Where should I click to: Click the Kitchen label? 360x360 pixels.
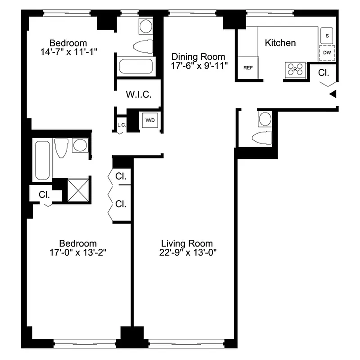tap(280, 43)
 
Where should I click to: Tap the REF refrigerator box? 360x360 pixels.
tap(247, 68)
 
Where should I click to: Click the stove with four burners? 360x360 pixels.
tap(295, 69)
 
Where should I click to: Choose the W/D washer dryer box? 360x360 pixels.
tap(149, 120)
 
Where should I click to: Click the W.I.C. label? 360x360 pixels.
tap(138, 95)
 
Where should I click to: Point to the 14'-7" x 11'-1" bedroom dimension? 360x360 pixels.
tap(68, 52)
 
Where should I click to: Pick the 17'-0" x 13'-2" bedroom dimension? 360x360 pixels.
tap(79, 252)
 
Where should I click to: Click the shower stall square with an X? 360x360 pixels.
tap(78, 190)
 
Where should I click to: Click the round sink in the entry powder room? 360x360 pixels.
tap(265, 119)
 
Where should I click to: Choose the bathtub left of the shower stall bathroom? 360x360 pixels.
tap(43, 160)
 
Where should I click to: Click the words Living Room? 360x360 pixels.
tap(187, 243)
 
